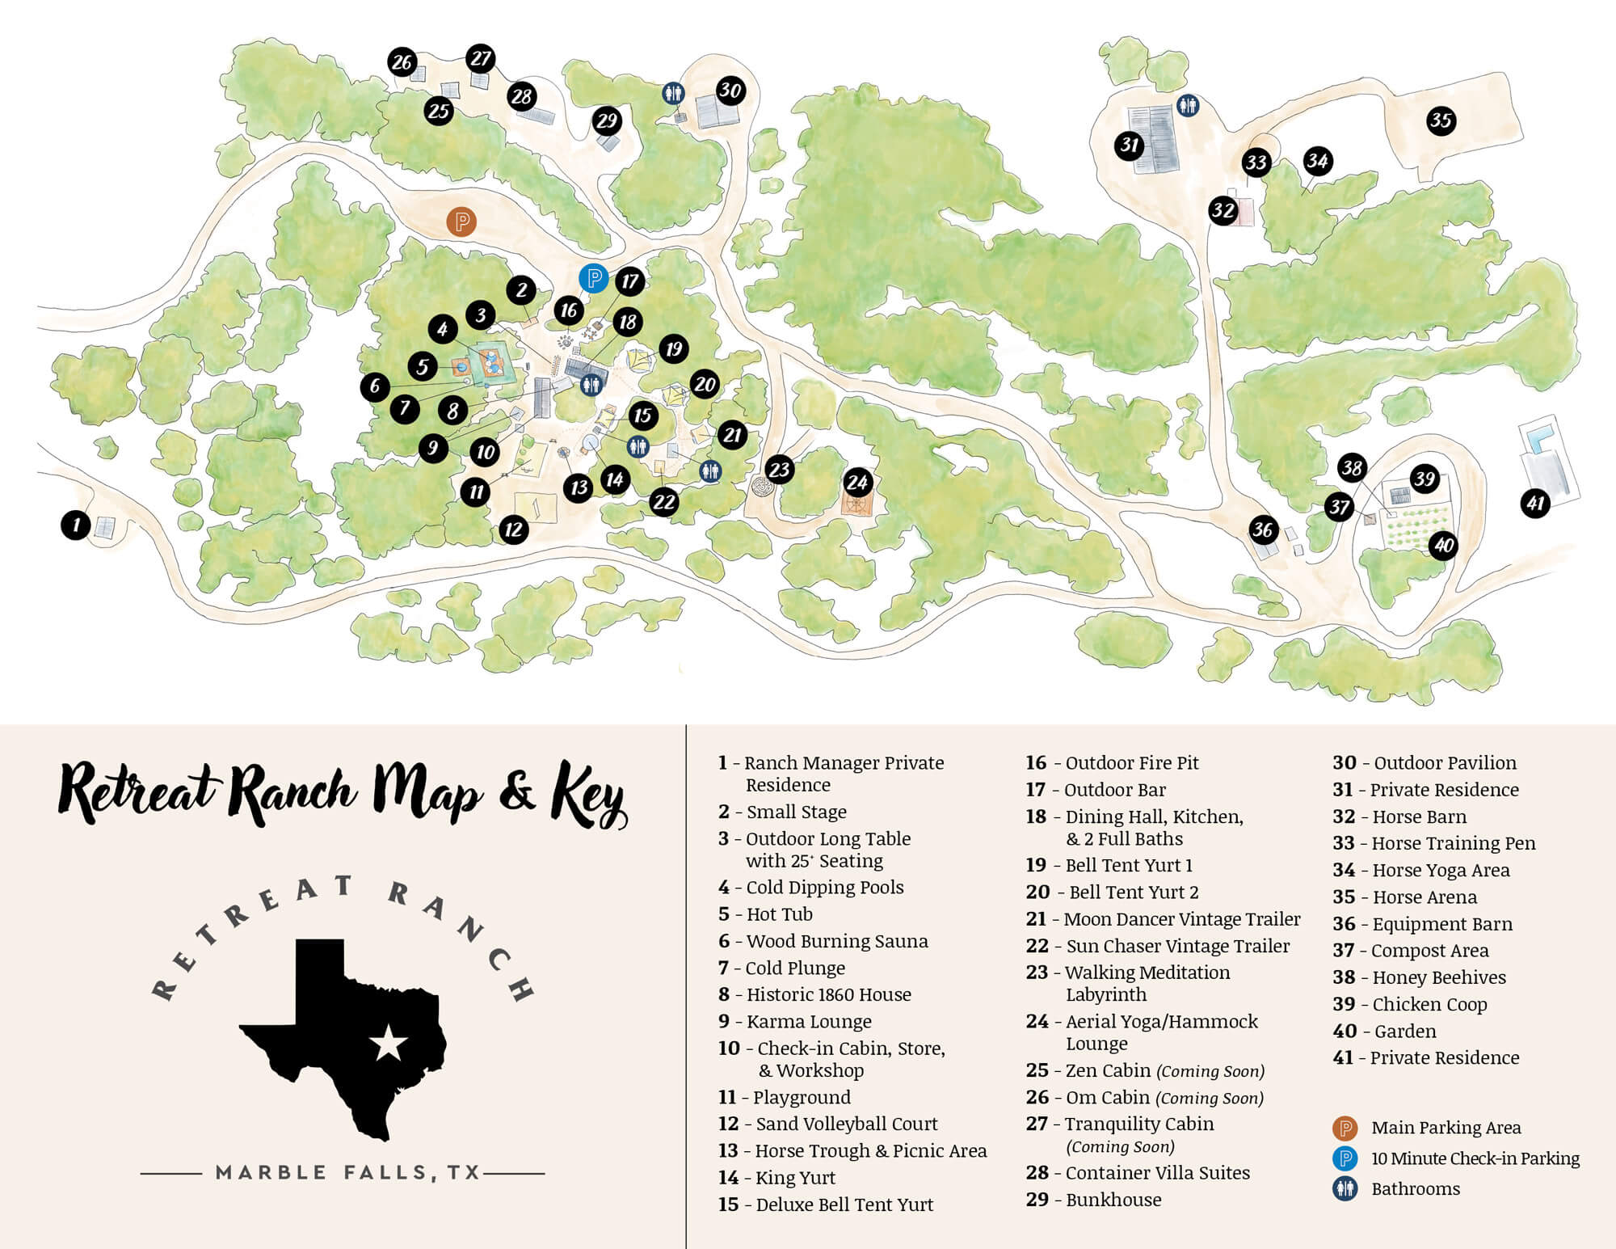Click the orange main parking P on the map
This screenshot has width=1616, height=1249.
click(x=461, y=221)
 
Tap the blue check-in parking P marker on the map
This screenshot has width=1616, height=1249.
click(x=593, y=278)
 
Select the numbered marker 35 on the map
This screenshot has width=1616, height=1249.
click(x=1441, y=120)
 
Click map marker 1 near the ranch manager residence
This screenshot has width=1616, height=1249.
click(x=76, y=525)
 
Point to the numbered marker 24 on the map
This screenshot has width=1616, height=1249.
click(x=856, y=483)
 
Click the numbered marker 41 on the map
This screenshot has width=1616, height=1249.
click(x=1534, y=504)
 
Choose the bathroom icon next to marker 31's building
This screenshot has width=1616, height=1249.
click(x=1187, y=105)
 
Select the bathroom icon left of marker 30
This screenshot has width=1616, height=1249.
click(x=673, y=93)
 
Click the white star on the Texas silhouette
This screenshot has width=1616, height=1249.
click(x=388, y=1044)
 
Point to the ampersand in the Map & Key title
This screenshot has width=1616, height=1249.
click(x=517, y=793)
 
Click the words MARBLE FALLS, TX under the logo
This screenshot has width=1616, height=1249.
click(x=348, y=1172)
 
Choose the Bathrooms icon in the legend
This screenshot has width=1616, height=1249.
click(x=1345, y=1188)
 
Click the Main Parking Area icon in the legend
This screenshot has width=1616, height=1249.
click(x=1345, y=1128)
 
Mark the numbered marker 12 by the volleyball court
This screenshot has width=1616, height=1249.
click(x=514, y=530)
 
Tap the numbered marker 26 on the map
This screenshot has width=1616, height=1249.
click(x=402, y=62)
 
